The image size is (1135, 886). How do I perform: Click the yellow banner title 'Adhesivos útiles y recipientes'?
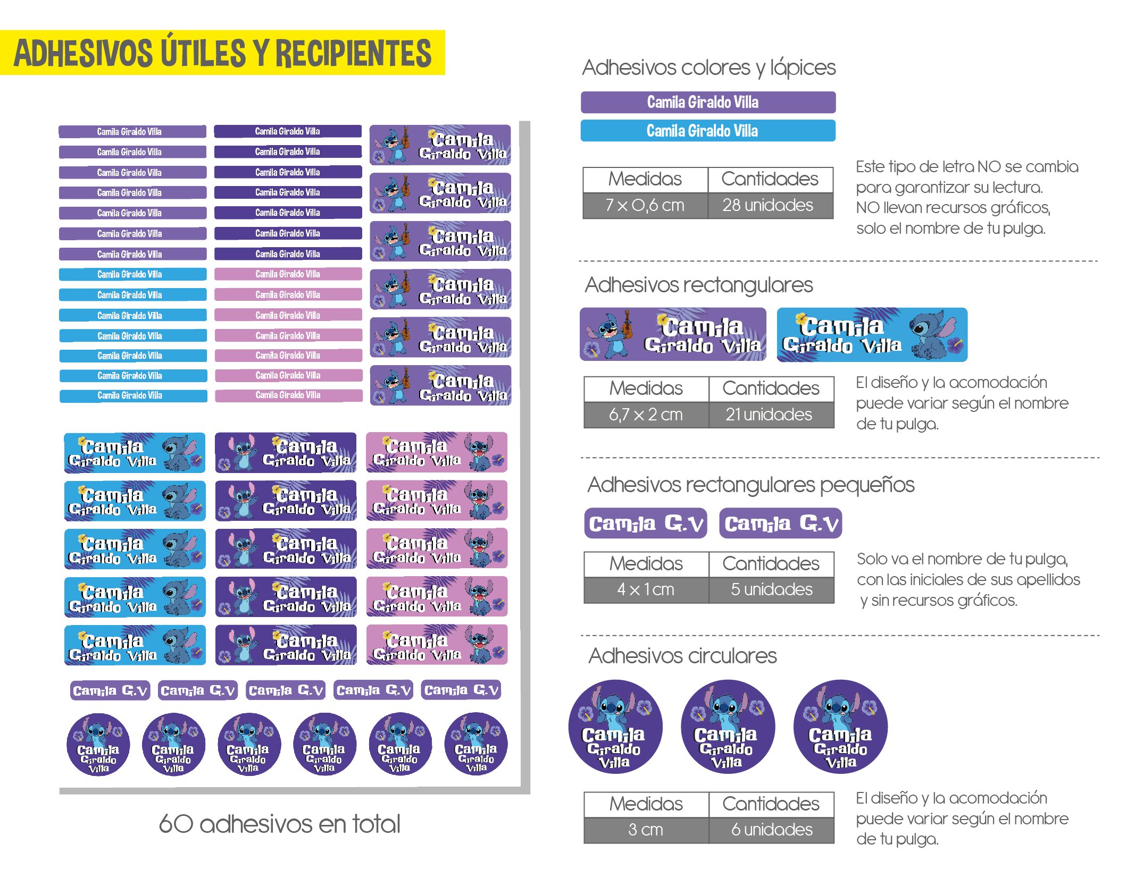pos(222,53)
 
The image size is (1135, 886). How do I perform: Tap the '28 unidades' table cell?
pos(769,205)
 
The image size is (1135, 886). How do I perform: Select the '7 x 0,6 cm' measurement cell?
pos(645,205)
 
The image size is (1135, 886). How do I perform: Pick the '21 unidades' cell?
pos(770,415)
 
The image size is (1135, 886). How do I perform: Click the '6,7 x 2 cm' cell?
pos(646,415)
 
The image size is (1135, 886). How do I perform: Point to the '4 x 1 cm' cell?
pos(646,589)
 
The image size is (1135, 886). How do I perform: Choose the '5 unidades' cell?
pos(771,589)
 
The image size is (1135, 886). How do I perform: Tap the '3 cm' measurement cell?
pos(646,830)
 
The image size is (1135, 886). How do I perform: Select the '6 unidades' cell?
pos(771,830)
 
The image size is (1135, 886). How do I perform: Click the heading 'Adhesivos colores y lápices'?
pos(708,68)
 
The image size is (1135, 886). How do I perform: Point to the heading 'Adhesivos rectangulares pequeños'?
pos(750,485)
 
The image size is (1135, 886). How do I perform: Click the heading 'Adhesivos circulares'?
pos(682,656)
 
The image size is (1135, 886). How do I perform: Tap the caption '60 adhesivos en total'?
pos(279,824)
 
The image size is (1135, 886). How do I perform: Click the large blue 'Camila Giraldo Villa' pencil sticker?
pos(707,131)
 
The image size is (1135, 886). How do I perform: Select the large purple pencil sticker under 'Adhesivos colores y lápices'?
pos(707,102)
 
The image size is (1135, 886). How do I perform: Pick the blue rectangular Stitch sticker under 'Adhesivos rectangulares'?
pos(872,335)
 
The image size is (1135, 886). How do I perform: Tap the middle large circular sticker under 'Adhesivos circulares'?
pos(728,727)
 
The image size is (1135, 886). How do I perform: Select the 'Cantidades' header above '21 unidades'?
pos(770,389)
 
